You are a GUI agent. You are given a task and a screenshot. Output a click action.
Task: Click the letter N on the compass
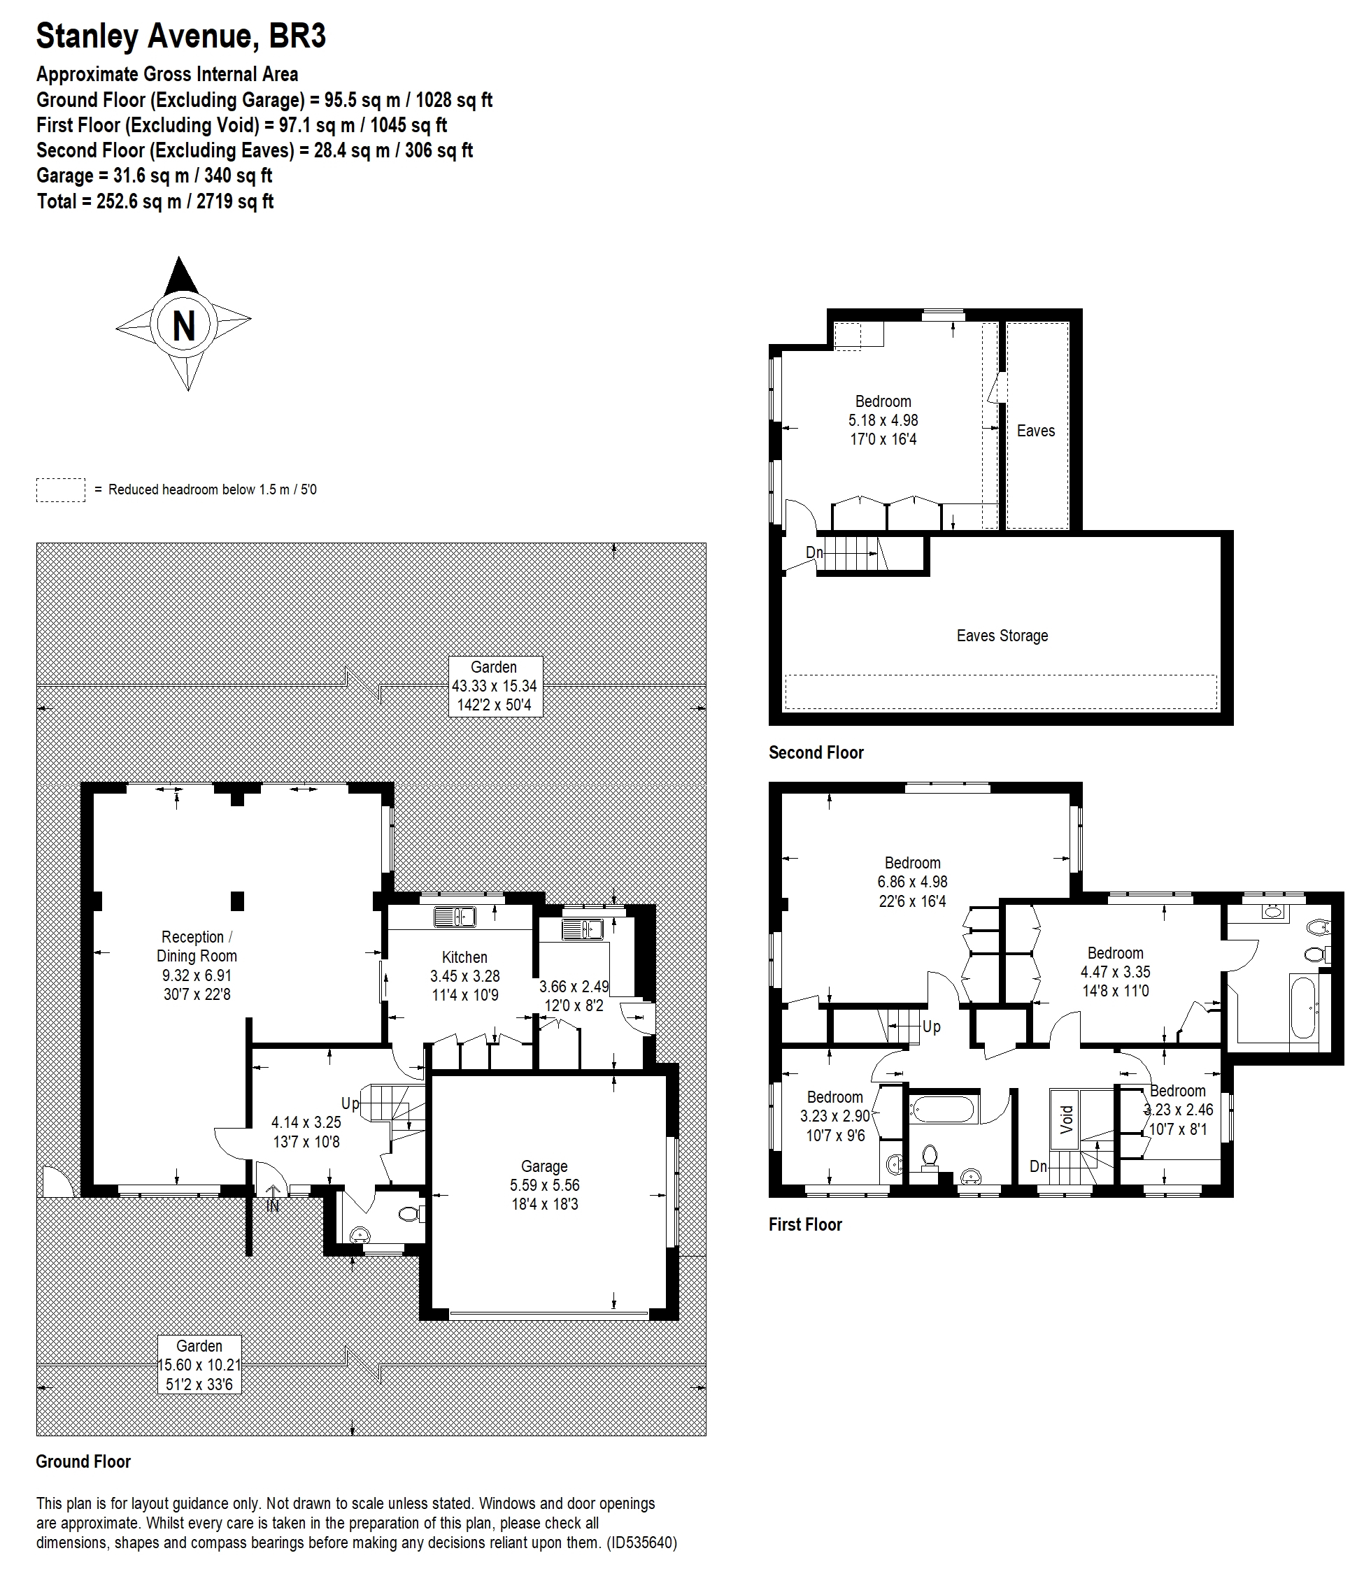point(184,326)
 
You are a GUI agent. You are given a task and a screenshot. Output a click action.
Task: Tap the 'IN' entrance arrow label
point(273,1205)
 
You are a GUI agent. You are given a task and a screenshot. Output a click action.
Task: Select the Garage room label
point(544,1166)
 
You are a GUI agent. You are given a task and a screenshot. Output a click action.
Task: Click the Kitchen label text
point(464,957)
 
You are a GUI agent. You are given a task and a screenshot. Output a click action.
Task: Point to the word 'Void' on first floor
point(1067,1119)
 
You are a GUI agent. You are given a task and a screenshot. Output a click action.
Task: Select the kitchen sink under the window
point(455,917)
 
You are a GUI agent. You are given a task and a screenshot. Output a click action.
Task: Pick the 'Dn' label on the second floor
point(814,552)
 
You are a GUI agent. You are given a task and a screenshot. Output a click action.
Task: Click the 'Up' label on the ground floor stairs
point(349,1103)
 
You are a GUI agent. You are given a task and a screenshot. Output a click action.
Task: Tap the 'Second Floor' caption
point(816,752)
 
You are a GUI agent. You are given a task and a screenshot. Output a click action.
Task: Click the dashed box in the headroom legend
point(60,490)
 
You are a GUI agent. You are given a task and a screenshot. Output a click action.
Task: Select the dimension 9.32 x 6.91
point(197,975)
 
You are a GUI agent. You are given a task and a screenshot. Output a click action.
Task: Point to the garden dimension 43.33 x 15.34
point(494,685)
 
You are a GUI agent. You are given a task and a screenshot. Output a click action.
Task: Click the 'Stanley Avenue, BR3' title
point(181,36)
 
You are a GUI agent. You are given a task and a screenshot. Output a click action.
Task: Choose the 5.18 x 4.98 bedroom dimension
point(883,420)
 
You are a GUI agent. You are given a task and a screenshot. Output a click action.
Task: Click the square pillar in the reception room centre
point(238,901)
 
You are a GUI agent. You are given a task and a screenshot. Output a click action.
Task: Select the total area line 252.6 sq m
point(155,201)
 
